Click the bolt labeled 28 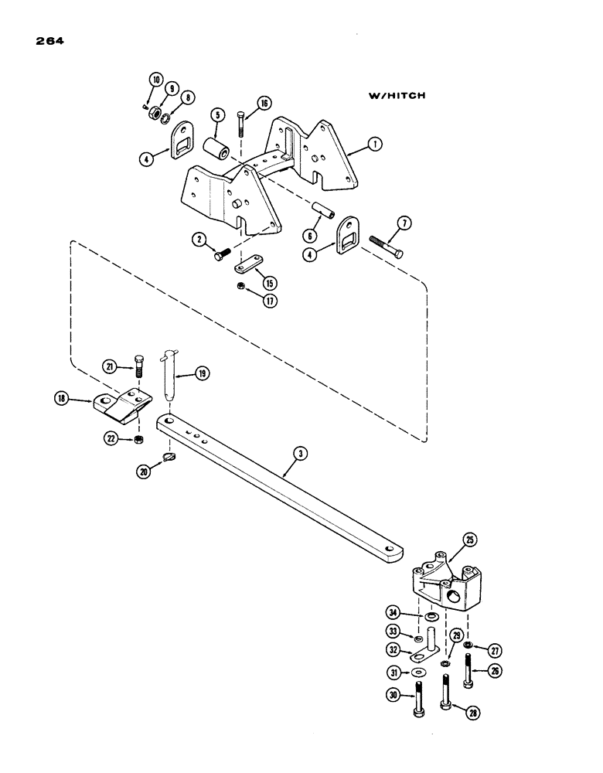447,693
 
